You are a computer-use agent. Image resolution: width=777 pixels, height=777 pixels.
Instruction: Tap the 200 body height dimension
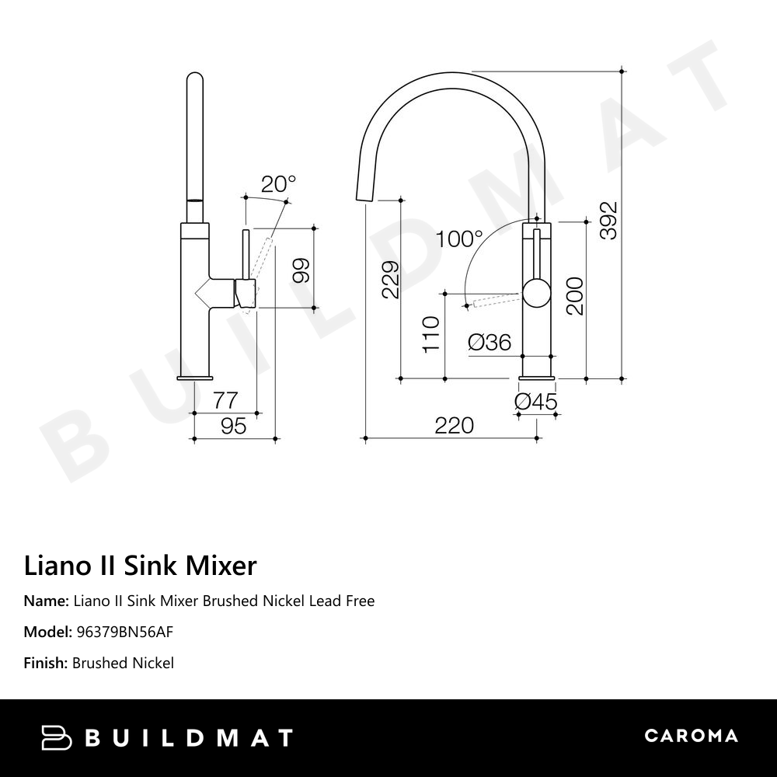[574, 295]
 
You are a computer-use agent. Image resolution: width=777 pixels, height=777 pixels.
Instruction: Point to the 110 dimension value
[431, 334]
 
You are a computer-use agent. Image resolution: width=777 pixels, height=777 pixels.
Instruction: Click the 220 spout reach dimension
[454, 426]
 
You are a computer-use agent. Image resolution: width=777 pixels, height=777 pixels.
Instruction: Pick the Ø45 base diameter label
[536, 401]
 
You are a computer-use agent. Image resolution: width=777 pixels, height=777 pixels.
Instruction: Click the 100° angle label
[458, 239]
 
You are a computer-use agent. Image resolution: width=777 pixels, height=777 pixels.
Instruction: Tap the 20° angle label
[278, 184]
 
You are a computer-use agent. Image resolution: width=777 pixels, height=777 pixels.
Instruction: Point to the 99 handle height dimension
[301, 269]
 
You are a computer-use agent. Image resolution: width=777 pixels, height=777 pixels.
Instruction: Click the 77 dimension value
[225, 401]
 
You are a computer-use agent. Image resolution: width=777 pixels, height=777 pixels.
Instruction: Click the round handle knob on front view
[535, 293]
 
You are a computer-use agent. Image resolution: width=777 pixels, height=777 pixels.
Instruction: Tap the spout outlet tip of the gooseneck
[364, 200]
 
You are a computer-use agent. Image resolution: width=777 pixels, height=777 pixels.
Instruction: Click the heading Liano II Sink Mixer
[140, 566]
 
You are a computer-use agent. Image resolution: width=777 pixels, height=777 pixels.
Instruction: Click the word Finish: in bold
[46, 663]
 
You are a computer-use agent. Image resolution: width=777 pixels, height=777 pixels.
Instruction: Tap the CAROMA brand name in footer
[691, 736]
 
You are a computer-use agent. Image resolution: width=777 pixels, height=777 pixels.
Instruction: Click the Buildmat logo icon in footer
[57, 737]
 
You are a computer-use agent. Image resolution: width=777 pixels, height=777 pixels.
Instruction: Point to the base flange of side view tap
[195, 378]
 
